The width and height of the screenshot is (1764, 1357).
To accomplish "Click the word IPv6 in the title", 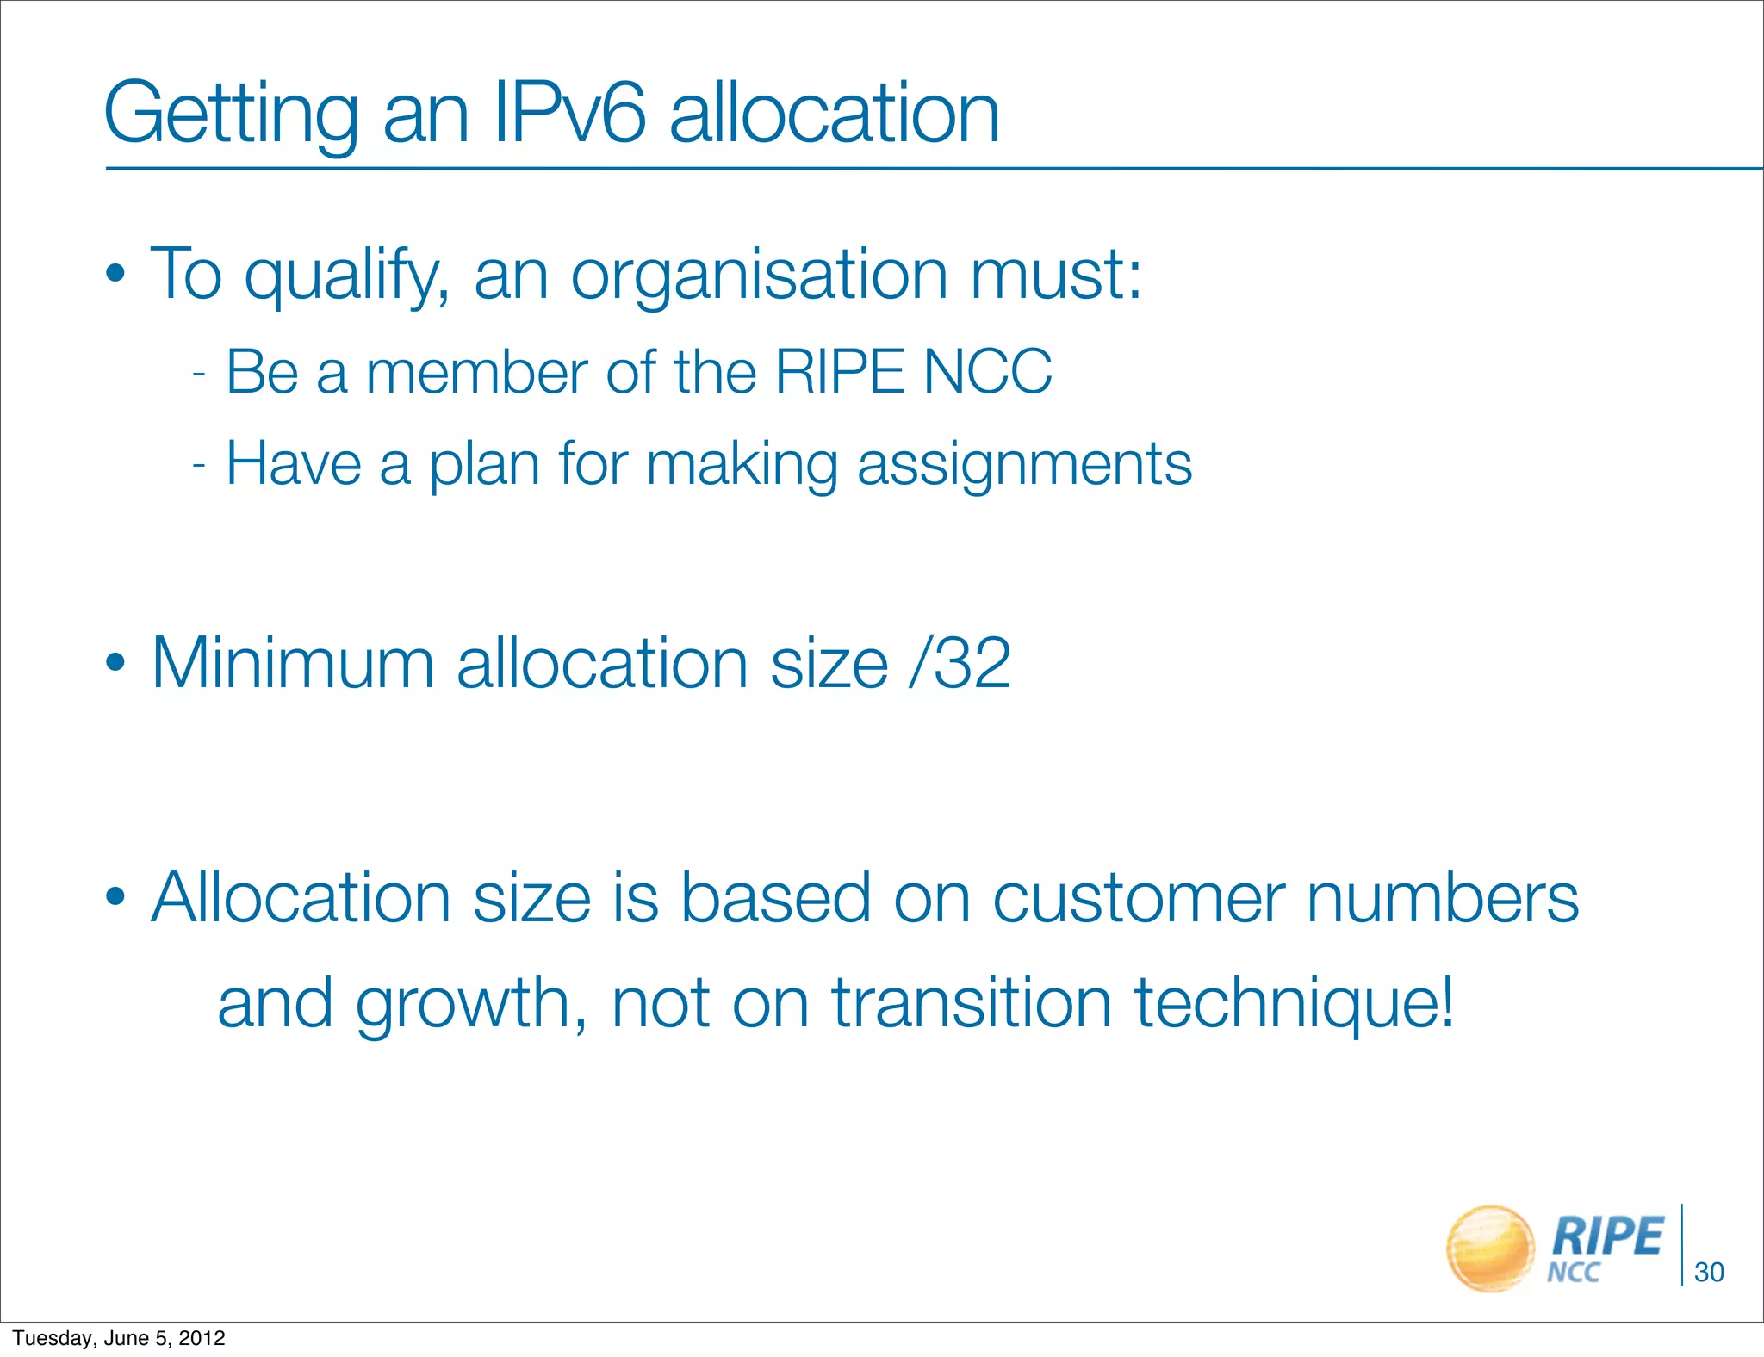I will tap(568, 114).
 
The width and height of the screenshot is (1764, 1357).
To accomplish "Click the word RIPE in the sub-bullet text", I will tap(840, 372).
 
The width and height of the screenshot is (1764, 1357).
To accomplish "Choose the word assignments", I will tap(1024, 465).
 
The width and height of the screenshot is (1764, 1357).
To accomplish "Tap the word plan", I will tap(484, 465).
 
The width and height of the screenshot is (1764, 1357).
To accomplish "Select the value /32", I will tap(960, 663).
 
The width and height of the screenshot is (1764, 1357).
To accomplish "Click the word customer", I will tap(1139, 897).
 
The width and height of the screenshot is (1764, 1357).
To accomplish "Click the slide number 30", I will tap(1709, 1272).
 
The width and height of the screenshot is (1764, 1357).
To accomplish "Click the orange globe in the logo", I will tap(1490, 1249).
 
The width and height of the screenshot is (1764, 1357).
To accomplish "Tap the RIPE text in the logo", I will tap(1607, 1236).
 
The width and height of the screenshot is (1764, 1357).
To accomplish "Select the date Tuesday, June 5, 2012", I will tap(119, 1338).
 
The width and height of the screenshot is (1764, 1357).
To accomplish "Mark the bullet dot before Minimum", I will tap(116, 664).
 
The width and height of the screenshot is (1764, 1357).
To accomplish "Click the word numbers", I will tap(1442, 897).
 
